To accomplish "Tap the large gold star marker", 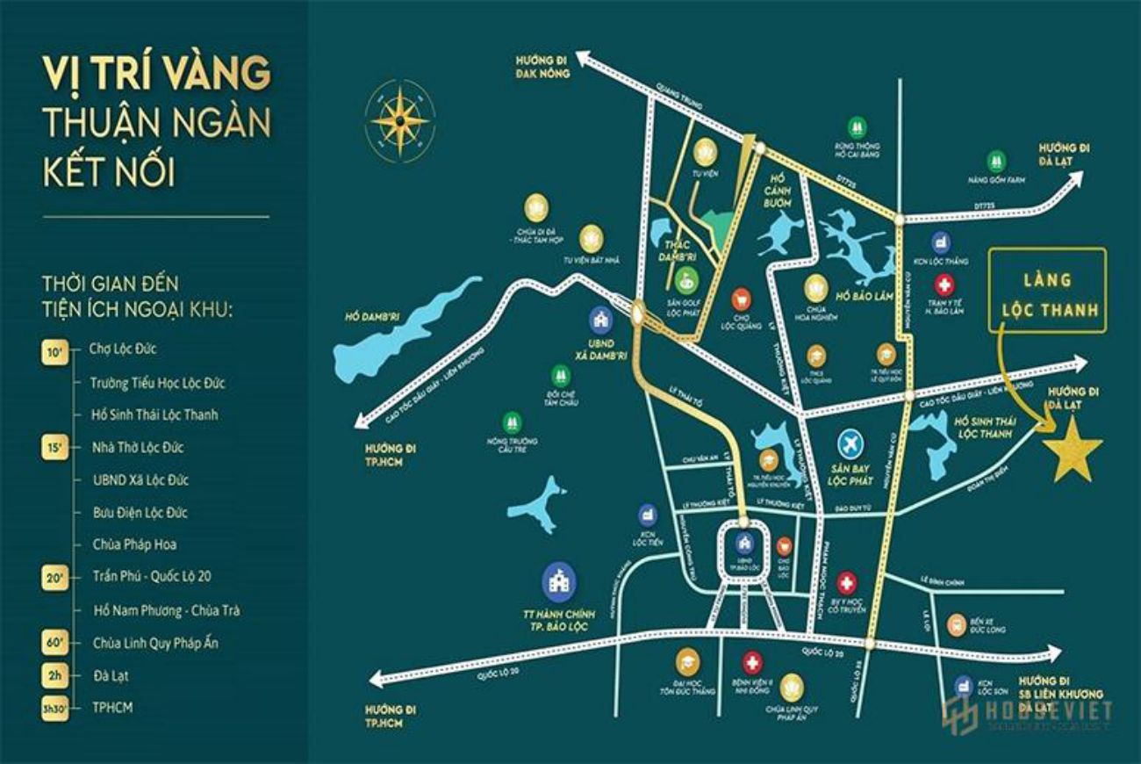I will point(1072,449).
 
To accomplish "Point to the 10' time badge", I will point(54,350).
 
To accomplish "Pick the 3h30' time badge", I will point(54,707).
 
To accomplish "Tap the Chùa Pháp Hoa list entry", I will point(134,544).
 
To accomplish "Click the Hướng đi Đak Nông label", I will point(542,68).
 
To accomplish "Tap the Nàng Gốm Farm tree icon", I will point(996,161).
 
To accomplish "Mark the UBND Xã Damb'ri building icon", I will point(601,317).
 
